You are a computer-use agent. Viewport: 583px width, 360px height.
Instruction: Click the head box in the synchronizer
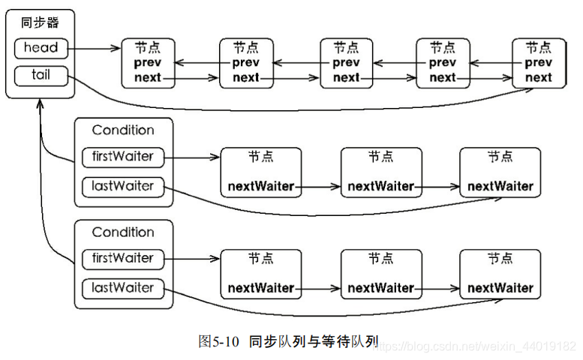(x=41, y=48)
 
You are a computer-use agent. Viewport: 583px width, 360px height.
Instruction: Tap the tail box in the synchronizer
(x=41, y=76)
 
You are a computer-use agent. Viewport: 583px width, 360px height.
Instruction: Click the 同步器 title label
(x=40, y=22)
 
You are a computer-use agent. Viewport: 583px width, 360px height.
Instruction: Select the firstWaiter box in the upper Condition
(x=123, y=157)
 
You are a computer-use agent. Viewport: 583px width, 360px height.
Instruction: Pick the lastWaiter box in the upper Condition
(x=123, y=187)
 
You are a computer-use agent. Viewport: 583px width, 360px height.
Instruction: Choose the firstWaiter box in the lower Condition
(x=123, y=259)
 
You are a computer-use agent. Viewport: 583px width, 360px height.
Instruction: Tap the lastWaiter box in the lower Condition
(x=123, y=289)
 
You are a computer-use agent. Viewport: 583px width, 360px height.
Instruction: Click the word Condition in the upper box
(x=123, y=130)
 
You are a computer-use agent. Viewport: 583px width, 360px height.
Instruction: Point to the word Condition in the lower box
(x=123, y=232)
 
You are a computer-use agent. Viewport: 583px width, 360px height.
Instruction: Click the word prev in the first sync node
(x=148, y=63)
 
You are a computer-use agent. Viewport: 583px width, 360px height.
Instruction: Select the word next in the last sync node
(x=539, y=78)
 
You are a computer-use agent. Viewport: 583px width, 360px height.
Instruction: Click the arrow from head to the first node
(x=95, y=48)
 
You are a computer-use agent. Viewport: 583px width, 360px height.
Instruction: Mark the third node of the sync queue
(x=347, y=63)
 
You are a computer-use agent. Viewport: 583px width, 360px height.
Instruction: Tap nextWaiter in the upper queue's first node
(x=261, y=186)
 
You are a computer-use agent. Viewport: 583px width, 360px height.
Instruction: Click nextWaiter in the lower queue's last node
(x=500, y=288)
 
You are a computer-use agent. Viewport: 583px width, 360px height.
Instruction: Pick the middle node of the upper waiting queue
(x=381, y=172)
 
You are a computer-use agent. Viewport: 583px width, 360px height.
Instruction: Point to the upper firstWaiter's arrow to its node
(x=192, y=157)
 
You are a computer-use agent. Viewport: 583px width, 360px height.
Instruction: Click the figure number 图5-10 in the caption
(x=218, y=341)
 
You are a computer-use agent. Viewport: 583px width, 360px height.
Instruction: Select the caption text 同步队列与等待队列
(x=314, y=341)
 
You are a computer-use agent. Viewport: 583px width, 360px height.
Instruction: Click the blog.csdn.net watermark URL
(x=474, y=346)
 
